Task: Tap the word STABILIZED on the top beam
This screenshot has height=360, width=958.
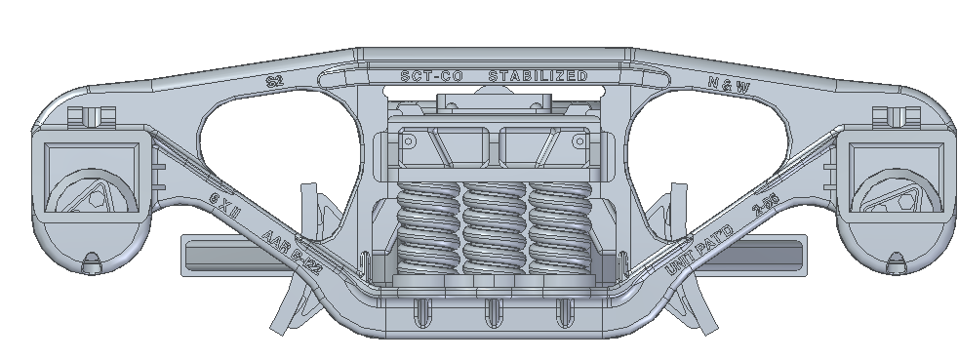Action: tap(538, 76)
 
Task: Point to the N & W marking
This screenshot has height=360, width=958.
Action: tap(730, 86)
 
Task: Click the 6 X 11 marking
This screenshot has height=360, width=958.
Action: tap(225, 204)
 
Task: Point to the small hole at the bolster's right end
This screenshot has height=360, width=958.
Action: tap(579, 141)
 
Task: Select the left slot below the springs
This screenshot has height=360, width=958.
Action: tap(421, 311)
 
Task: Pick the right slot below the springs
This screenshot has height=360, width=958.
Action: tap(562, 311)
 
